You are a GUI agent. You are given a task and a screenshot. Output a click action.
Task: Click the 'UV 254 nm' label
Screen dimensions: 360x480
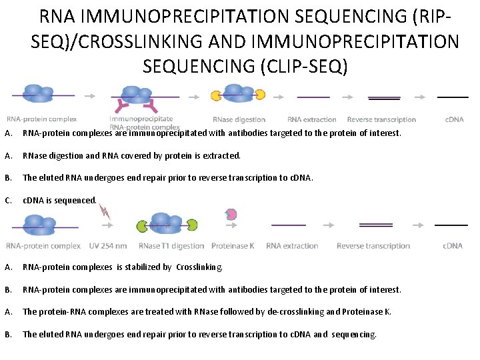[x=107, y=246]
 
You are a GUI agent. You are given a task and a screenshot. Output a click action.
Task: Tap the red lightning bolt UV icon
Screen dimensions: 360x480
[x=105, y=212]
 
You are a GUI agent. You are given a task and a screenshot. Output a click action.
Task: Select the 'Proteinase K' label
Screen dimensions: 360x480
[x=233, y=246]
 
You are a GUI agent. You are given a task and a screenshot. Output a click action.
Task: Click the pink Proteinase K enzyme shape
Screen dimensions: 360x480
[x=231, y=215]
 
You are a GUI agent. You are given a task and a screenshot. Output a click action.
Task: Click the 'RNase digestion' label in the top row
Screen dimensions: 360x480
[x=239, y=120]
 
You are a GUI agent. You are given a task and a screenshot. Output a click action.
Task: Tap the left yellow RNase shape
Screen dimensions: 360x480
[x=215, y=95]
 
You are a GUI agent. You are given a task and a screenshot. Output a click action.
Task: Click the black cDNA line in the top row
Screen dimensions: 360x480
[x=452, y=97]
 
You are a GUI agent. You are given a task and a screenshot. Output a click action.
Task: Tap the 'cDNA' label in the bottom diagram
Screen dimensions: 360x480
[x=453, y=246]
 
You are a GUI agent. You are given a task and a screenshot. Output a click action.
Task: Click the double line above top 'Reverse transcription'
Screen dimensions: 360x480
[x=384, y=98]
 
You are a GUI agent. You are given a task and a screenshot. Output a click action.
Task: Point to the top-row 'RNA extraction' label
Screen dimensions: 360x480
[x=312, y=120]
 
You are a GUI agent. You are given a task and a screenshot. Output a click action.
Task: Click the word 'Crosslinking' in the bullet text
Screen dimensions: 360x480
[x=199, y=267]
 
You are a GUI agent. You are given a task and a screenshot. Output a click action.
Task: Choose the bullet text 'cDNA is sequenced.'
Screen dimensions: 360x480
[x=60, y=200]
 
